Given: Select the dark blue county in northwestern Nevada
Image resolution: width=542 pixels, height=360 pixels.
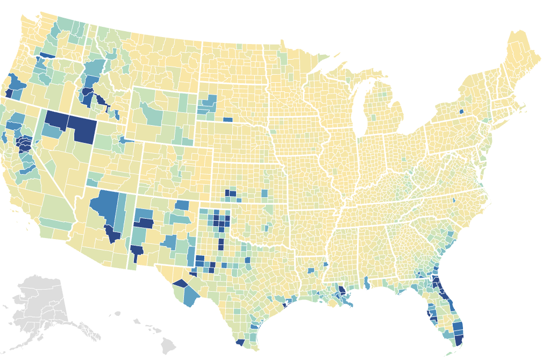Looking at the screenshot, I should click(55, 120).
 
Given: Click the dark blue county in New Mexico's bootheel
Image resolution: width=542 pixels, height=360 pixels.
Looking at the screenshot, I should click(137, 250).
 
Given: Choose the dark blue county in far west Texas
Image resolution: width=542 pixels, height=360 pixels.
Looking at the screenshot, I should click(179, 284).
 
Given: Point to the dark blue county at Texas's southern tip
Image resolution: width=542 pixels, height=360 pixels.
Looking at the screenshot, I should click(240, 342).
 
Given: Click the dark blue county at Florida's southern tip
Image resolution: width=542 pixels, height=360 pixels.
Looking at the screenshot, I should click(459, 340).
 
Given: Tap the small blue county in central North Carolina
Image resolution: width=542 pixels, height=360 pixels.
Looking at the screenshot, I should click(454, 200).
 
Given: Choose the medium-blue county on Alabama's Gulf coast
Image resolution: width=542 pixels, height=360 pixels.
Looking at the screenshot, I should click(366, 282).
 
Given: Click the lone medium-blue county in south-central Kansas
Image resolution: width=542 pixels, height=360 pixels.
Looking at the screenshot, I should click(264, 193).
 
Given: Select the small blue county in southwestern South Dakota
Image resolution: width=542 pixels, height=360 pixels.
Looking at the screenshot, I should click(227, 120).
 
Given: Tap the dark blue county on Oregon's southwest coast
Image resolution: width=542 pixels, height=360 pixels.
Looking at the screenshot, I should click(9, 93).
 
